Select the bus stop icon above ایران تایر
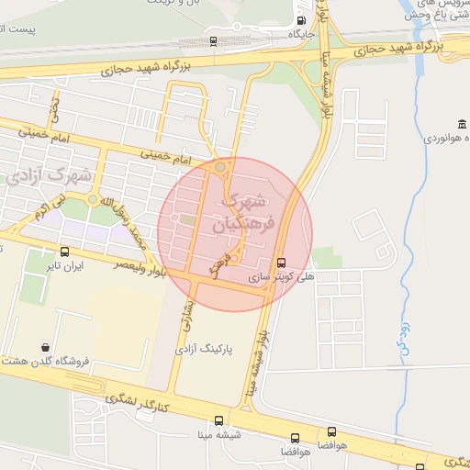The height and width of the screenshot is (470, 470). [64, 252]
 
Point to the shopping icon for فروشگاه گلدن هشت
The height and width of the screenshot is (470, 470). [45, 347]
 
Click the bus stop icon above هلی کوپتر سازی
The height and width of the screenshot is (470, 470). [281, 261]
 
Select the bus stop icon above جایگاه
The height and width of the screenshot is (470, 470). [302, 20]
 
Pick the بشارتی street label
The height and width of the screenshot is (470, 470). [183, 315]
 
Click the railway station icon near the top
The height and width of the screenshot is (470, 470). [213, 41]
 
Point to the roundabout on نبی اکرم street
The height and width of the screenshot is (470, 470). [92, 199]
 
